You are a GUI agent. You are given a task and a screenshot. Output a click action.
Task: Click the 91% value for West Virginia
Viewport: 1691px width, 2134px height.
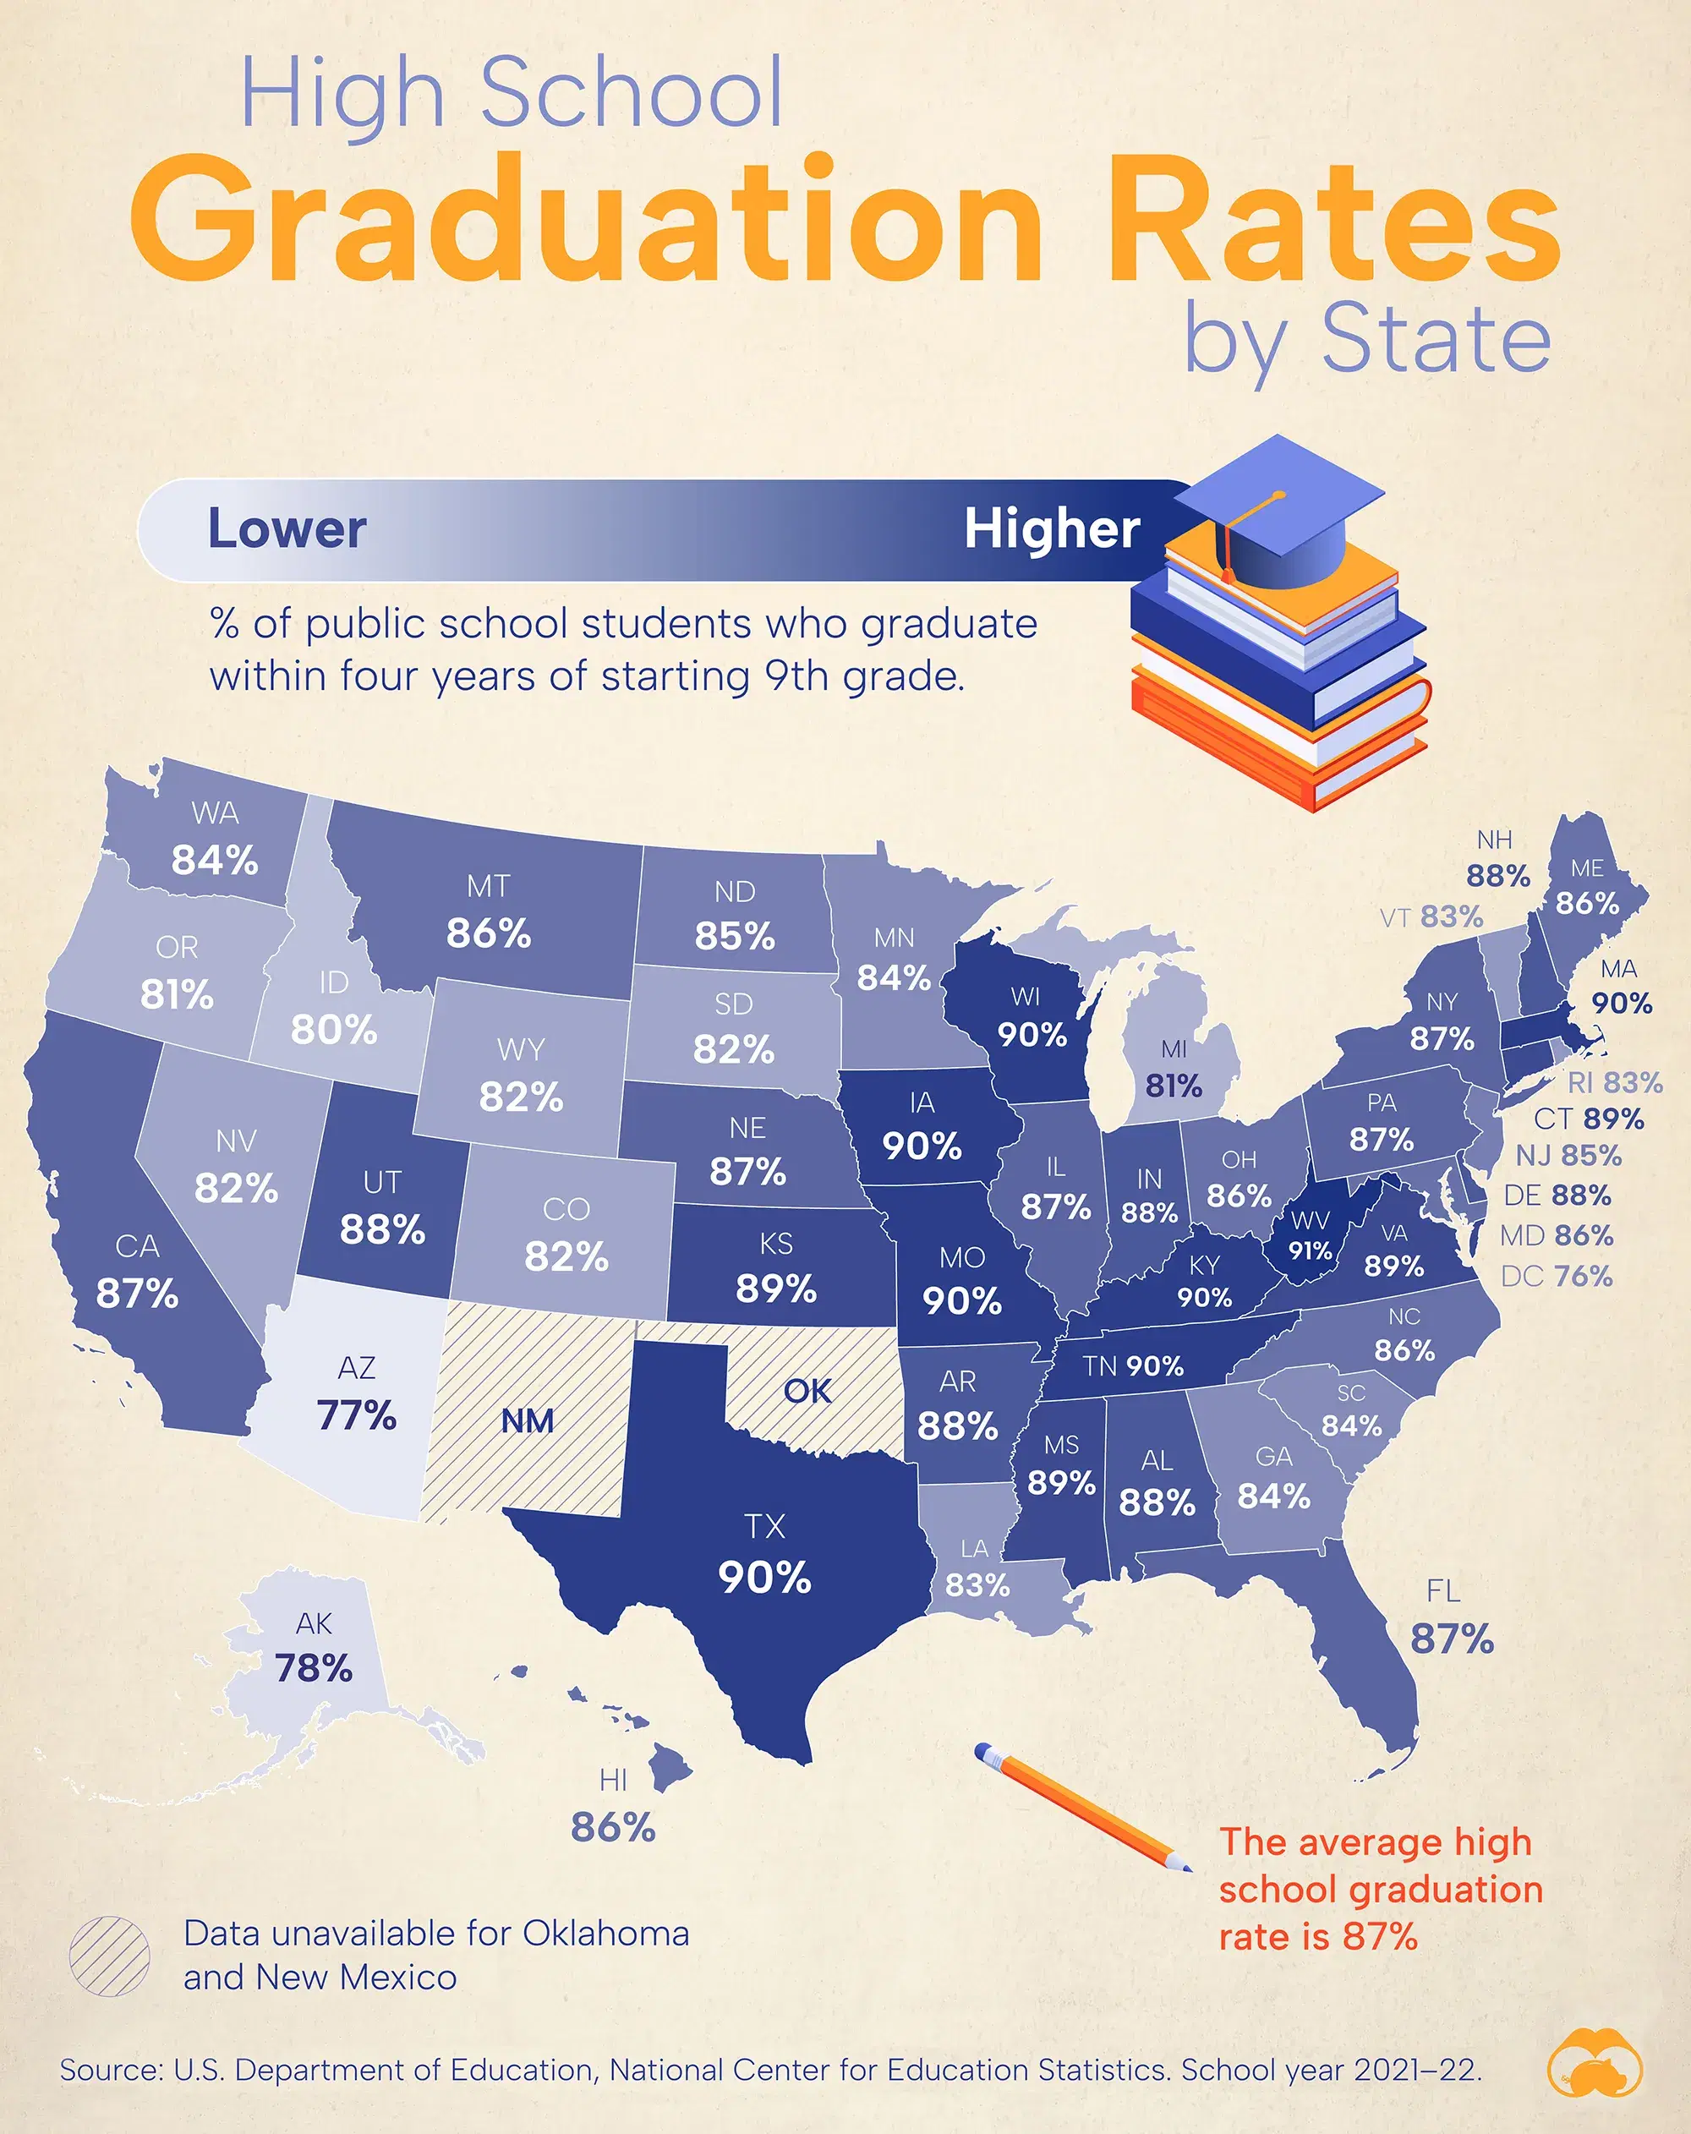(1310, 1251)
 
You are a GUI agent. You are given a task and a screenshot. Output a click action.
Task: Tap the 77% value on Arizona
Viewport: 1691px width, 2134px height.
(357, 1414)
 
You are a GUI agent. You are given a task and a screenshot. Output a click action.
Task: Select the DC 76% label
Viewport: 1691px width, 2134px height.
(1557, 1276)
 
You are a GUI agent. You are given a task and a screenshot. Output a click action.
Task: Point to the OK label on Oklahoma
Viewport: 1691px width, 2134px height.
(807, 1391)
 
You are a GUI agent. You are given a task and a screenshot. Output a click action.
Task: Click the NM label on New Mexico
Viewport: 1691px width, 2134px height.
(527, 1420)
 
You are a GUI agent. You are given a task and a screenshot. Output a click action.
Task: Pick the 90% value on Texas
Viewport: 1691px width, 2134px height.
(764, 1577)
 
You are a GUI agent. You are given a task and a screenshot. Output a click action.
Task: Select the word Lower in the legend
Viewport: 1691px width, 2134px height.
(287, 528)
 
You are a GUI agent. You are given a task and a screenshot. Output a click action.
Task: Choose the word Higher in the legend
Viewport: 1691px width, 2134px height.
(1052, 528)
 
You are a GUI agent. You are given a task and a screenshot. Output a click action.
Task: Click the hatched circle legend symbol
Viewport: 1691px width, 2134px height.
(110, 1956)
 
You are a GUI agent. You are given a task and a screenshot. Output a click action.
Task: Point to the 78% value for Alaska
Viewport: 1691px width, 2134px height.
(314, 1668)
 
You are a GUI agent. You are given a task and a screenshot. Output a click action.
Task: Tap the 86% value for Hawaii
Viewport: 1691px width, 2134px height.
(613, 1827)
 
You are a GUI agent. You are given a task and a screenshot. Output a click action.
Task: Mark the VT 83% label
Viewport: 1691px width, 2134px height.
(1431, 917)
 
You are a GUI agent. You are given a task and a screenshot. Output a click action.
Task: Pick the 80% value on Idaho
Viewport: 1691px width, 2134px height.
(334, 1030)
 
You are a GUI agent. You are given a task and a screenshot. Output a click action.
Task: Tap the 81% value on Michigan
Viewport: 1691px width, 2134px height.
(1174, 1086)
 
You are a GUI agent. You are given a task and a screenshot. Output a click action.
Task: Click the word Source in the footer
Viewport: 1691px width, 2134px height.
(108, 2070)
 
